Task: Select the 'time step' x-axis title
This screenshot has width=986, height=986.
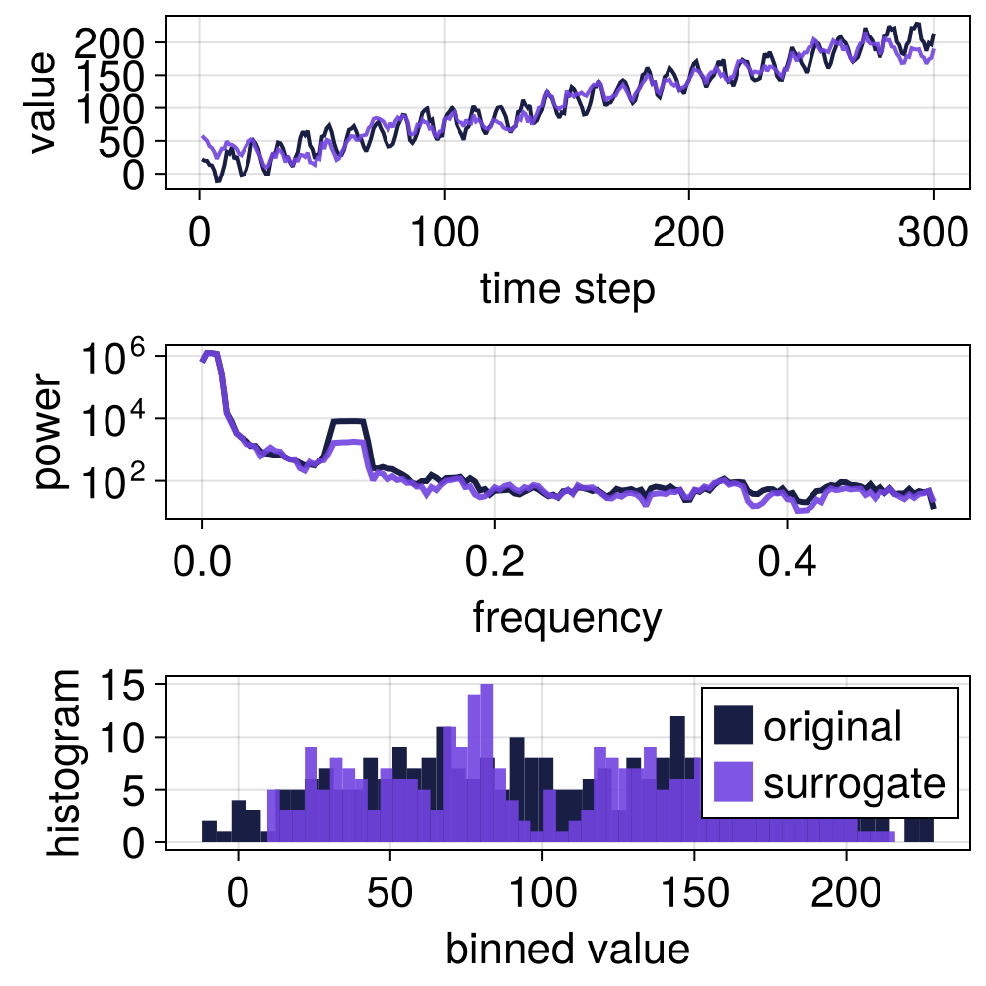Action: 567,289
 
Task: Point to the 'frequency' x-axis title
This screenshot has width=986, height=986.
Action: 567,618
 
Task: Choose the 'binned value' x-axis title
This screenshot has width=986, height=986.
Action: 567,949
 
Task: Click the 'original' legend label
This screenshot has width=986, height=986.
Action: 832,727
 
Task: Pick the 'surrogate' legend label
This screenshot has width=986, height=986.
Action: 854,783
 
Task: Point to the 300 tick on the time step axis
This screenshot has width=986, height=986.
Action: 931,236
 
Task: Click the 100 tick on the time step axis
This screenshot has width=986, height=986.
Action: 444,236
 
